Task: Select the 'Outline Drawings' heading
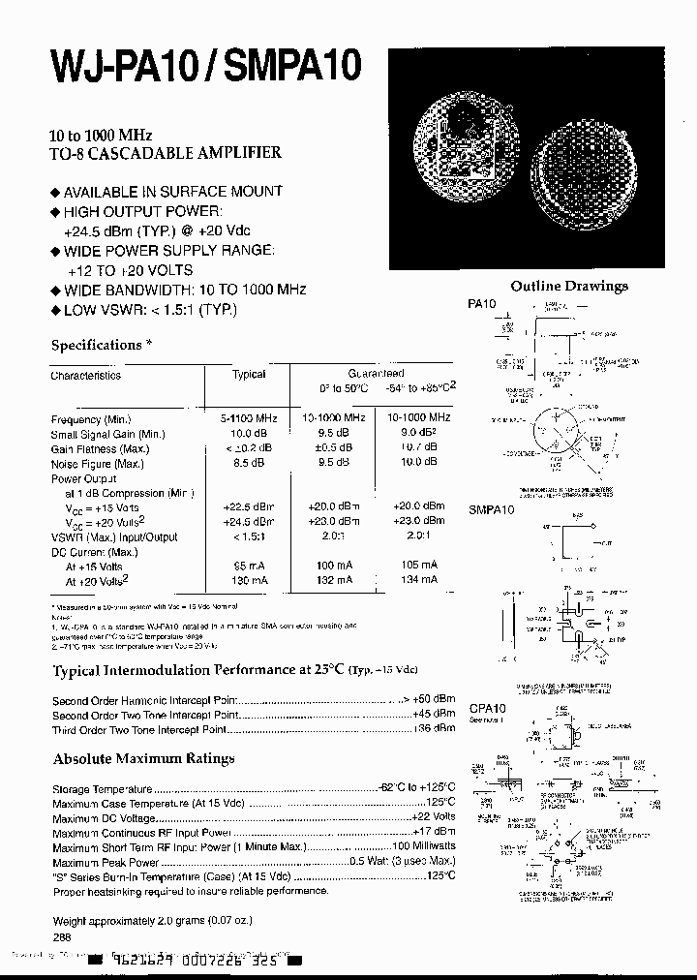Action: pos(568,286)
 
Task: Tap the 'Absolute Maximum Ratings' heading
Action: pos(143,758)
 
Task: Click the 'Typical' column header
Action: pos(249,374)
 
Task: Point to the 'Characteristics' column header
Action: pos(86,375)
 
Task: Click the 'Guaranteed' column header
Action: pos(376,372)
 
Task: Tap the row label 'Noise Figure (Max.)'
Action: pos(97,464)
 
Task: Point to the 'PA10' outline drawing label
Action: pos(481,304)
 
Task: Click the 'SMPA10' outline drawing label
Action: pos(490,509)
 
